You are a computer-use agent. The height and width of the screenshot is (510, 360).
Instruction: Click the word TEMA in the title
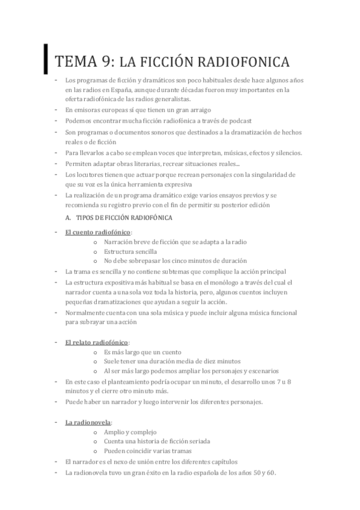(75, 62)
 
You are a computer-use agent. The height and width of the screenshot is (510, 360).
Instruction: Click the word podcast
(239, 121)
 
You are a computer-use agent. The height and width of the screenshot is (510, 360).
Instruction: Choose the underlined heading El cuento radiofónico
(98, 232)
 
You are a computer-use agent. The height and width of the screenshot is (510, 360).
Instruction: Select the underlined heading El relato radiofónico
(97, 342)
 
